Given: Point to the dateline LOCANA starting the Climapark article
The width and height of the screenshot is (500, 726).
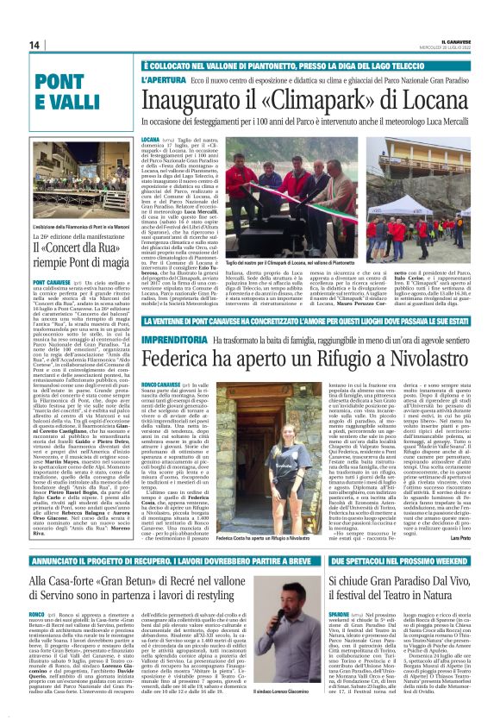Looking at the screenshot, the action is coord(151,138).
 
